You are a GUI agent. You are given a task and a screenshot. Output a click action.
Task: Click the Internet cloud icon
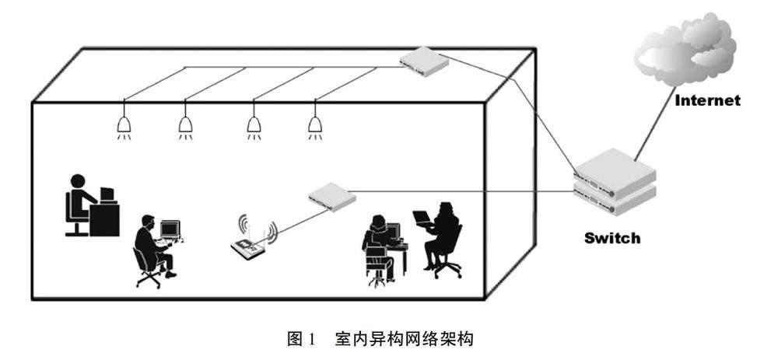point(685,50)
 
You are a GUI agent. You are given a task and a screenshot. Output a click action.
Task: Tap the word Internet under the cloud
point(707,100)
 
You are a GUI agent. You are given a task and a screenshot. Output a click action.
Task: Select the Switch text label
point(612,238)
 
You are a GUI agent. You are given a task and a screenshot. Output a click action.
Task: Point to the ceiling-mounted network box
point(425,61)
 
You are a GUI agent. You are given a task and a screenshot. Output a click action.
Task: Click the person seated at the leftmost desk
point(79,201)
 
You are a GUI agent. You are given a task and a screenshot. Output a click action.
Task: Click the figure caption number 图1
point(300,339)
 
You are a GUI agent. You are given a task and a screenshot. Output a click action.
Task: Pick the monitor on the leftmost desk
point(107,194)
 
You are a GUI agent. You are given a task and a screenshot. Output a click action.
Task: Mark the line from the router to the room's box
point(292,222)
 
